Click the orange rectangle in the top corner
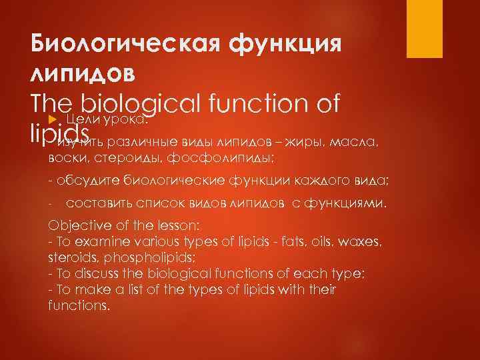pyautogui.click(x=426, y=28)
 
